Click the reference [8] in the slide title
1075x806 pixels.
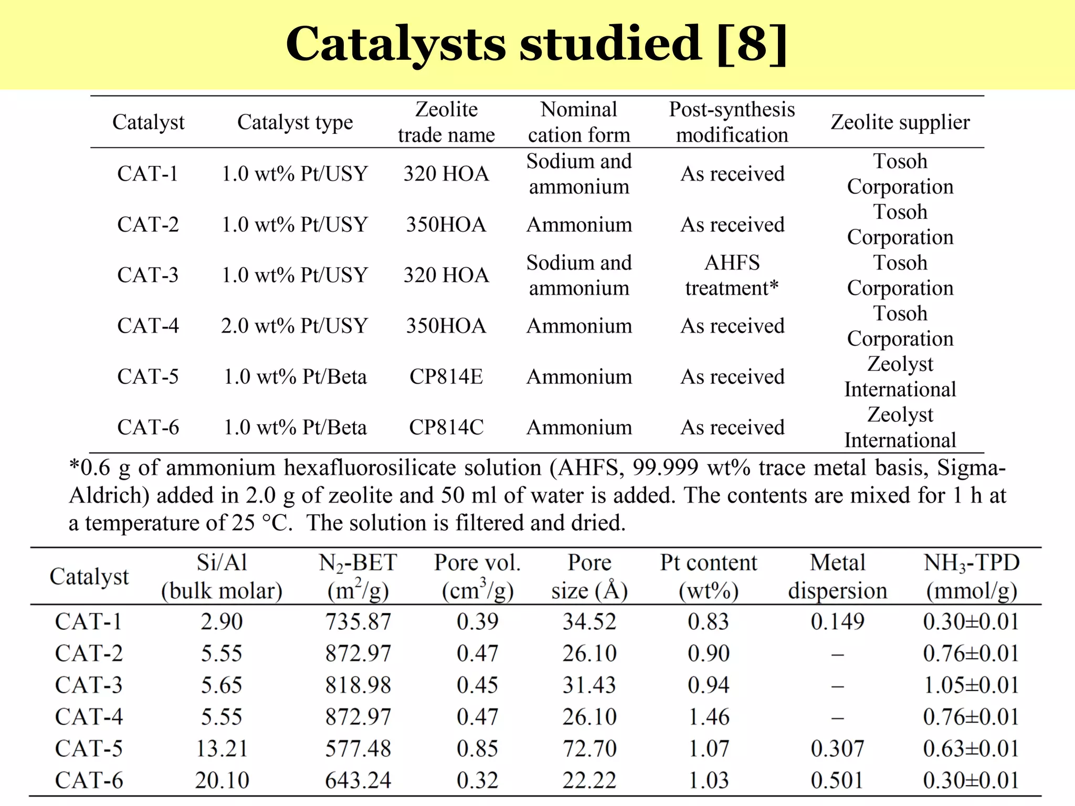coord(751,44)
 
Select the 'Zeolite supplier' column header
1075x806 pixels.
coord(900,122)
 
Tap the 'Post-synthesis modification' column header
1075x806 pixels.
coord(732,122)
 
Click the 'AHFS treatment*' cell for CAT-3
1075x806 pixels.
coord(732,275)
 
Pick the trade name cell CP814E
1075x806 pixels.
coord(446,377)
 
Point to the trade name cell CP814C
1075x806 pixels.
coord(446,428)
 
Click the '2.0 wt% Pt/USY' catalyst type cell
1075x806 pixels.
coord(294,326)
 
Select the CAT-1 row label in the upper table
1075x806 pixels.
coord(147,174)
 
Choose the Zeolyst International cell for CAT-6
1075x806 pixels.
coord(900,428)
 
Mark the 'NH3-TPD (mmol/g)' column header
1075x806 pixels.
coord(971,577)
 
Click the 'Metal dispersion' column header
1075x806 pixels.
coord(837,577)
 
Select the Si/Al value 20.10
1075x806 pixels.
coord(222,780)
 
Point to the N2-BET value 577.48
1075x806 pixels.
coord(358,749)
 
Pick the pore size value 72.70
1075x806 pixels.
coord(589,749)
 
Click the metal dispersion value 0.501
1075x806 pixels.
coord(837,780)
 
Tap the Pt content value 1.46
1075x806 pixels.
coord(709,717)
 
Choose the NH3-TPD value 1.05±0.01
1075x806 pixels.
coord(971,685)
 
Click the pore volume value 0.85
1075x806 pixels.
coord(477,749)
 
